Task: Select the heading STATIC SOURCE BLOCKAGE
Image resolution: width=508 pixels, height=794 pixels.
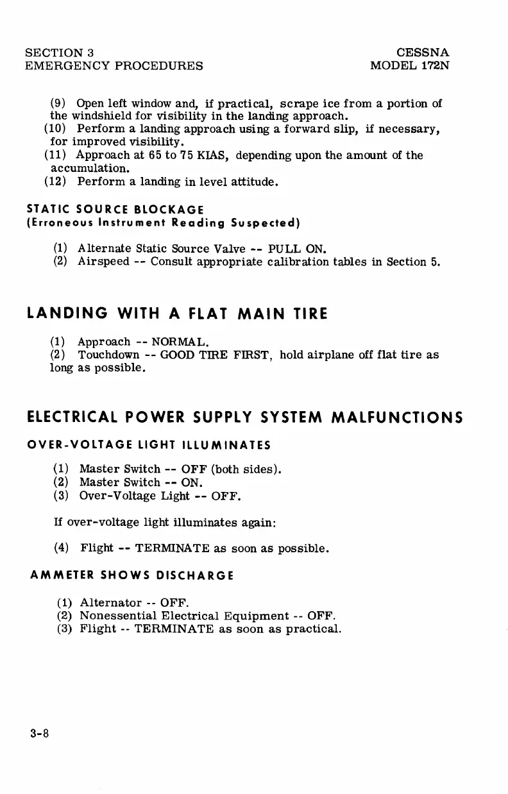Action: [115, 209]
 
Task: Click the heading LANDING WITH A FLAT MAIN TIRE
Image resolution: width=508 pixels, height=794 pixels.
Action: [178, 314]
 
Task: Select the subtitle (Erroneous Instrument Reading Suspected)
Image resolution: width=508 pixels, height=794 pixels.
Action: [164, 223]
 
